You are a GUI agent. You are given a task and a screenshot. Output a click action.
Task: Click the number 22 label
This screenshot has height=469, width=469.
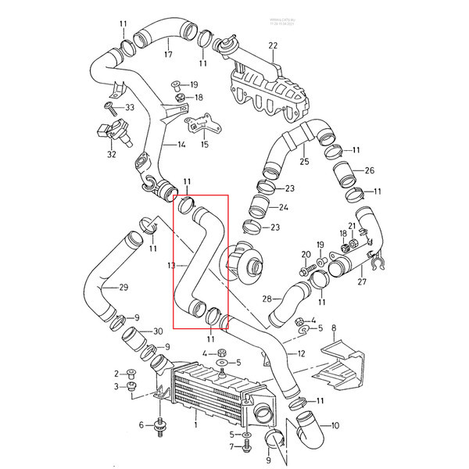click(x=273, y=47)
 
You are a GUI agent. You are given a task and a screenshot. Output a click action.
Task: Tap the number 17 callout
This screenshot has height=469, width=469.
click(x=167, y=55)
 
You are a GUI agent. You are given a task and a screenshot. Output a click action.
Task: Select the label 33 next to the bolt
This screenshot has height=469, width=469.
click(x=130, y=107)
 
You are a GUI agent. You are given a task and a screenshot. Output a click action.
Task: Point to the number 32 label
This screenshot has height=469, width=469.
click(x=112, y=154)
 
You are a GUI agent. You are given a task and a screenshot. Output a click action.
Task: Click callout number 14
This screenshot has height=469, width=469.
click(x=181, y=145)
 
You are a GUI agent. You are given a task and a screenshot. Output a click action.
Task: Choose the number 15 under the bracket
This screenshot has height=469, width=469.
click(x=205, y=144)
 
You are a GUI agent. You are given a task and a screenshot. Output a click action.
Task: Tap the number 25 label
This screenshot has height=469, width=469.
click(x=304, y=161)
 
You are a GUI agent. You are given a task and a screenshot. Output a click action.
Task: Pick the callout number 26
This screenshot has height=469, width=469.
click(x=370, y=170)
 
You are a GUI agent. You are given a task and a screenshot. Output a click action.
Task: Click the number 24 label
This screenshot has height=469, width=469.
click(x=284, y=207)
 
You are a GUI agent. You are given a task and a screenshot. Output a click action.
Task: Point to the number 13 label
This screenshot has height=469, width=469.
click(x=170, y=266)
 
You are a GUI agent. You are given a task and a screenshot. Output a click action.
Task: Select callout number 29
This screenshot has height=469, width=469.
click(x=123, y=288)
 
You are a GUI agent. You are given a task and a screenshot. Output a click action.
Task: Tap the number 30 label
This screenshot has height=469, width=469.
click(x=157, y=331)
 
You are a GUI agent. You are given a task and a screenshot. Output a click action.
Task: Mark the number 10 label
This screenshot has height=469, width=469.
click(x=335, y=426)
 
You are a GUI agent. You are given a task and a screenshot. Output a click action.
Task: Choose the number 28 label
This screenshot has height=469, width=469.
click(x=267, y=299)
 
